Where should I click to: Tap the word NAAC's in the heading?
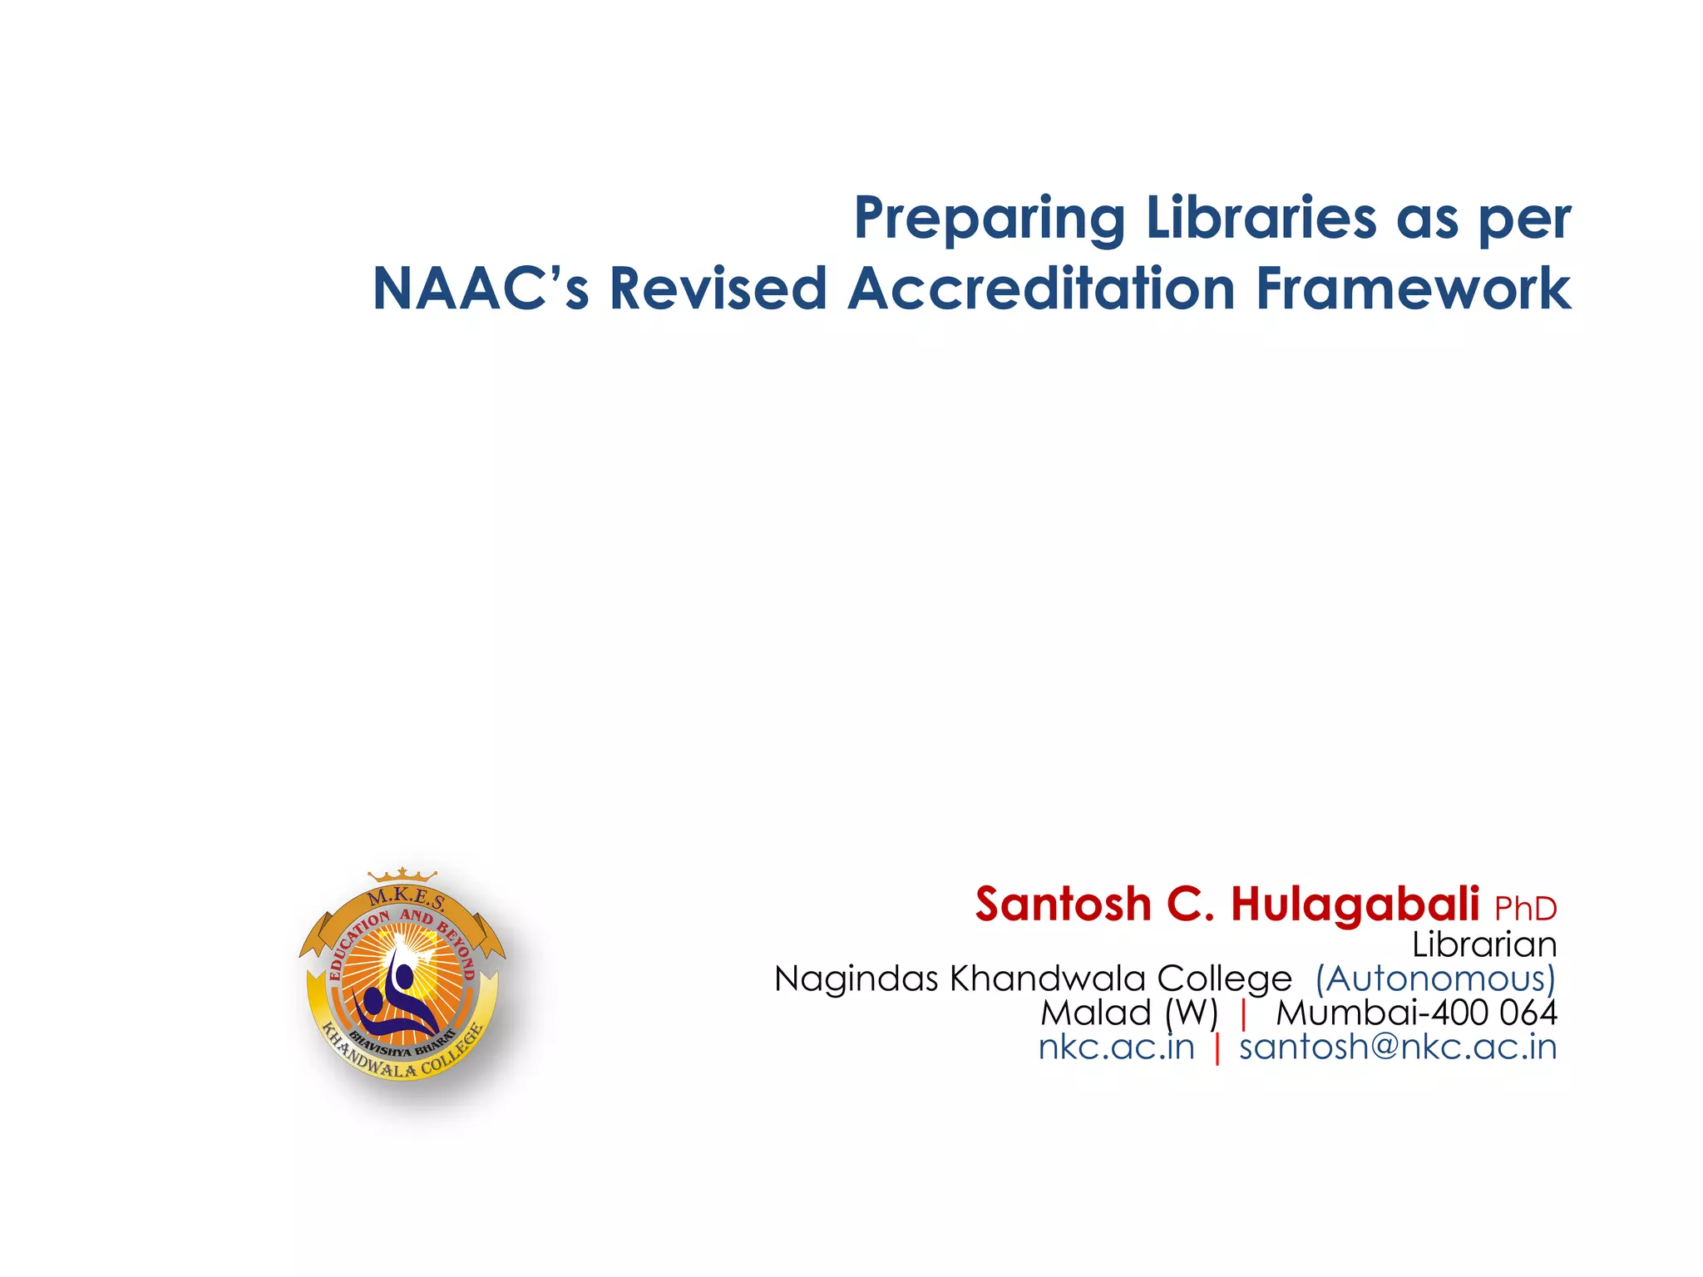(480, 289)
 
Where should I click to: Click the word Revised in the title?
(718, 289)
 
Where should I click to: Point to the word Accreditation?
(1041, 289)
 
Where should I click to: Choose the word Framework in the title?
(1413, 289)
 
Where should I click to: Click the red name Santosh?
(1063, 905)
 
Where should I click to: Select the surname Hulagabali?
(1355, 905)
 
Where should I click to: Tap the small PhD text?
(1525, 910)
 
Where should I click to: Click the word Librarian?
(1483, 945)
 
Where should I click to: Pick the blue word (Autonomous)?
(1434, 979)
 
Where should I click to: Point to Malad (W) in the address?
(1128, 1013)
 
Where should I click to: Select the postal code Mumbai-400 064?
(1416, 1013)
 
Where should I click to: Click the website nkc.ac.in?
(1116, 1047)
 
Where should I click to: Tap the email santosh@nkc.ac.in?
(1397, 1047)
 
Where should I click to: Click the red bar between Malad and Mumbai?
(1243, 1013)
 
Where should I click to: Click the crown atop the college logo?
(402, 875)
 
